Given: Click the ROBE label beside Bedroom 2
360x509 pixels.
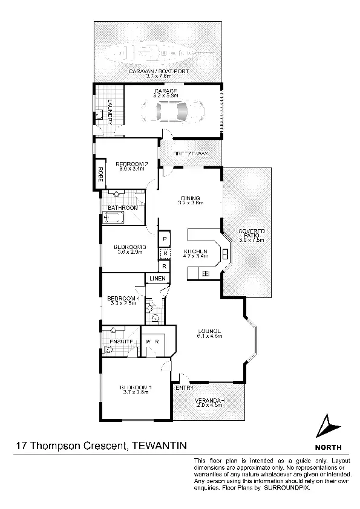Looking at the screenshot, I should point(96,175).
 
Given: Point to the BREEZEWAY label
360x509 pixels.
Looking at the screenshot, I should point(191,154).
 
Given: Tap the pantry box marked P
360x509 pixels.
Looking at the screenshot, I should point(163,239).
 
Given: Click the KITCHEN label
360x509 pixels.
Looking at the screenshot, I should point(197,251).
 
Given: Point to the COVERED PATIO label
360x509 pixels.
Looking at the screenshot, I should point(252,233).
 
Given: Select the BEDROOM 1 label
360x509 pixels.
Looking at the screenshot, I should point(134,387).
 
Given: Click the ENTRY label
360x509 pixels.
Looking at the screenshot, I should point(185,388).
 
